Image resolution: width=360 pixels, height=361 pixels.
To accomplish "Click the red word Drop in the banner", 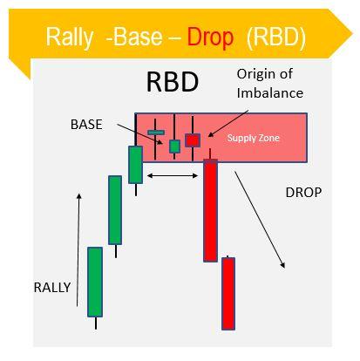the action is tap(210, 37).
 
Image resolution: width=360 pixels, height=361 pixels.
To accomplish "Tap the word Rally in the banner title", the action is tap(70, 37).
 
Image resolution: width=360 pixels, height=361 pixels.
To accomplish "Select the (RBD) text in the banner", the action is tap(276, 37).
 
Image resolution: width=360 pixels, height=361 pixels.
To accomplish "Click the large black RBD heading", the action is tap(173, 82).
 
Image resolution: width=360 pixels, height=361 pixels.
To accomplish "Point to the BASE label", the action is tap(86, 125).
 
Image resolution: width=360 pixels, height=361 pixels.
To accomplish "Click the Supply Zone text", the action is tap(253, 138).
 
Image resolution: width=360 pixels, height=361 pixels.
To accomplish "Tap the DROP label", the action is tap(303, 193).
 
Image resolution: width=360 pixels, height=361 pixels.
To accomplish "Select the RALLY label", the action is tap(52, 288).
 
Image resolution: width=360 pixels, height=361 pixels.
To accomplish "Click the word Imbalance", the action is tap(270, 93).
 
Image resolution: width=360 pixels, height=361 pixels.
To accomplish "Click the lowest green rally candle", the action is tap(95, 282).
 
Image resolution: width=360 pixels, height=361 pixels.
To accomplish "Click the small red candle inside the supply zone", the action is tap(193, 140).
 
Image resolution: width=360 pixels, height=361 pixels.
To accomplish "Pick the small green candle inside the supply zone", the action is tap(174, 146).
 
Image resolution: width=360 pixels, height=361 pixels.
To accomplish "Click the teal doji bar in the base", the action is tap(156, 133).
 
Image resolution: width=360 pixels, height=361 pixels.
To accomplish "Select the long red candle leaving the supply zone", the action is tap(210, 210).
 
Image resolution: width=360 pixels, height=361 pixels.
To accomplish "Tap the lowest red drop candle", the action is tap(228, 294).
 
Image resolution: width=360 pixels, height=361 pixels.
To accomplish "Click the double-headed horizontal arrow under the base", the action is tap(173, 175).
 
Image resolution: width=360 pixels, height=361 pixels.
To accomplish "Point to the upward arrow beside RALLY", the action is tap(78, 250).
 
